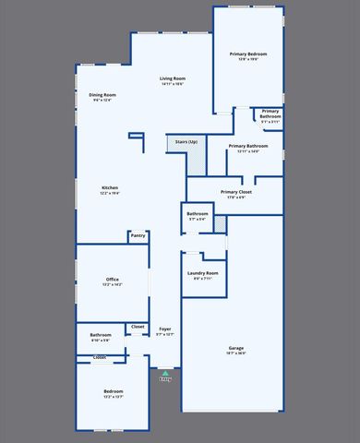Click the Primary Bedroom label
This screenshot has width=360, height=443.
248,54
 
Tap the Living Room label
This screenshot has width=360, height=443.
172,79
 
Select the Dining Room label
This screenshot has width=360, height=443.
102,95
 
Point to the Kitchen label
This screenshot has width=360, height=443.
110,188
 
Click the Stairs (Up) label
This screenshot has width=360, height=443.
186,142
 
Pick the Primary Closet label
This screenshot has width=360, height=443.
236,192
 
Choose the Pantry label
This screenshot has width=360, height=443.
138,235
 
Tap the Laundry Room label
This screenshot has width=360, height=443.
202,273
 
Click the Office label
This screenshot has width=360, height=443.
113,279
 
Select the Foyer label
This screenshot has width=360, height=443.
164,329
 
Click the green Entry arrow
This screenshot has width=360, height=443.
164,373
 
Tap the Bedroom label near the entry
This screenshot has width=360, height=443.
113,391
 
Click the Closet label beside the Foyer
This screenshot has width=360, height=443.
138,327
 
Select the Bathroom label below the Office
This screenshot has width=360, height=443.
101,334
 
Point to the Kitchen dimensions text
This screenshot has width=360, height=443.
110,194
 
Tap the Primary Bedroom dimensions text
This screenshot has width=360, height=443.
248,60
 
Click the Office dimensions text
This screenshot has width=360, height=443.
113,284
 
